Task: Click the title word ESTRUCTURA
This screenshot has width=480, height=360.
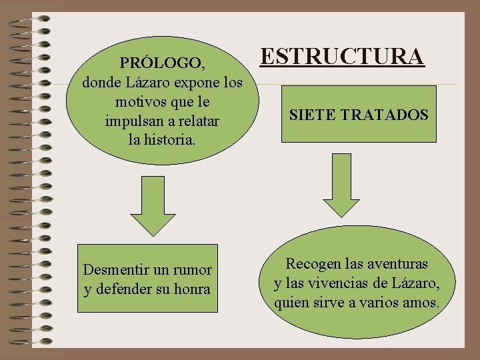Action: click(x=342, y=57)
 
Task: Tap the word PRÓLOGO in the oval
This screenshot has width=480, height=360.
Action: click(x=162, y=63)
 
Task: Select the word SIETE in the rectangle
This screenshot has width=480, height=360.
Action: click(x=312, y=115)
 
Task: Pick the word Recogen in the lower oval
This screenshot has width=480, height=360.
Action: click(x=312, y=264)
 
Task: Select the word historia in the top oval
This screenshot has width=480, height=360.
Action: click(x=169, y=141)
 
